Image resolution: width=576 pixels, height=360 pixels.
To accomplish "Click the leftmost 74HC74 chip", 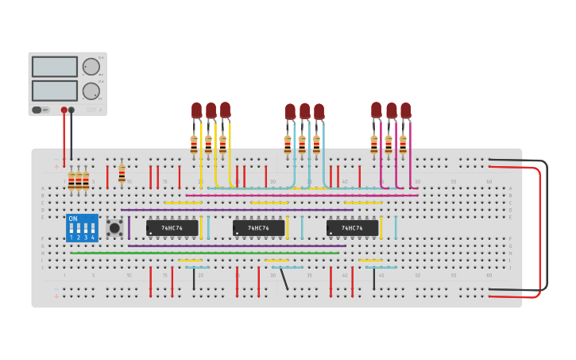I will (172, 228).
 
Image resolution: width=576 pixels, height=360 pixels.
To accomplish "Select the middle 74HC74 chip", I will (259, 228).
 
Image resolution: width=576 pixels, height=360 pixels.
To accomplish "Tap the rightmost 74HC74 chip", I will (352, 228).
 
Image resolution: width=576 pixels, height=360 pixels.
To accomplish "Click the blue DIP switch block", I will (82, 228).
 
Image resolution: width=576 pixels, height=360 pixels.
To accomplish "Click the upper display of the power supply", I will (55, 67).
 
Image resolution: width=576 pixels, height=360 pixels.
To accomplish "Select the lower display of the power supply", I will (55, 91).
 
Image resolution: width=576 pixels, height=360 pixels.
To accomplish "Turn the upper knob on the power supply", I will (91, 67).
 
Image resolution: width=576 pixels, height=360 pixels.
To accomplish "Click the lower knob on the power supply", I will (91, 91).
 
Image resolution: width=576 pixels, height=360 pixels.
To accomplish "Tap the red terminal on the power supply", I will (64, 110).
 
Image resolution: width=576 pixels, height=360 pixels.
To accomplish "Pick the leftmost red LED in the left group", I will (196, 110).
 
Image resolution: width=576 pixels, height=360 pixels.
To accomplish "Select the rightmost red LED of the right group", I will (406, 110).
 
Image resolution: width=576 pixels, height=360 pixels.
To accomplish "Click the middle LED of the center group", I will (304, 111).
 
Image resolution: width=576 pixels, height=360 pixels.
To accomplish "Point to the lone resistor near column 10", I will (122, 174).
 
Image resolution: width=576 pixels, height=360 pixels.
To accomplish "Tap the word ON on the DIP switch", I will (73, 219).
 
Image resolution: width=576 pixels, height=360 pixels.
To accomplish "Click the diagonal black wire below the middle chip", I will (284, 278).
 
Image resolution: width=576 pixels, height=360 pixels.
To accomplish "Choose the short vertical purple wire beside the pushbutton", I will (129, 227).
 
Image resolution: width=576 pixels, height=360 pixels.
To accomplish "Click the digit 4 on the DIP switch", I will (93, 237).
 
